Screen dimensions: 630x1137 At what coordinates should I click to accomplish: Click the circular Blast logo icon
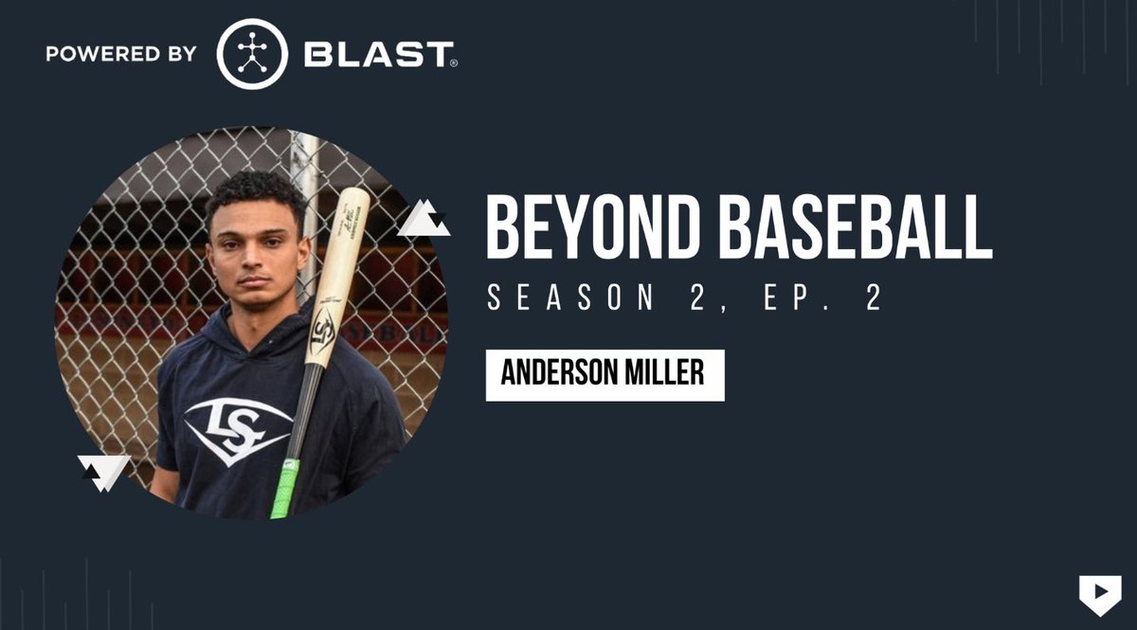click(x=252, y=54)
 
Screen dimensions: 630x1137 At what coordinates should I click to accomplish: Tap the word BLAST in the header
click(x=379, y=55)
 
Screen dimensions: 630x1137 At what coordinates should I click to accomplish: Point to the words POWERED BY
click(x=121, y=54)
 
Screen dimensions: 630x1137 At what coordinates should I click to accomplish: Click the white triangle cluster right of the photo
click(x=423, y=220)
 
